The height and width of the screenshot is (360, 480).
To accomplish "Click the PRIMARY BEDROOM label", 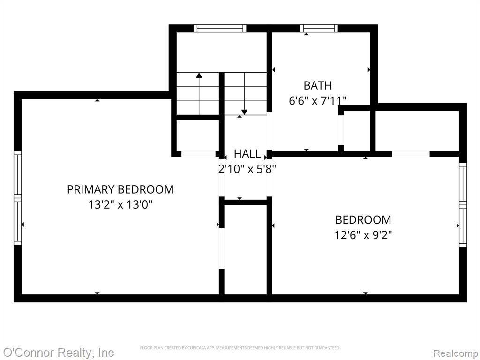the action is [x=120, y=189].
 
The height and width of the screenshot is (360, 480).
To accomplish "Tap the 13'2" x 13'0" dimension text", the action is [x=120, y=204].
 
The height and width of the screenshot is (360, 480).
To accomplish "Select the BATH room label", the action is [x=318, y=85].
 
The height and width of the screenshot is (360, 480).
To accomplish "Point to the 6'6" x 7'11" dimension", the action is [x=318, y=100].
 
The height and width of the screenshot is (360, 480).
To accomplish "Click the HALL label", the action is [x=247, y=154].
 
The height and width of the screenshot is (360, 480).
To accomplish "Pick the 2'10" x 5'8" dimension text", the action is [x=247, y=169].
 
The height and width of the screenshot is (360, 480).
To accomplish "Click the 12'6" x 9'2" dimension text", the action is [x=363, y=235].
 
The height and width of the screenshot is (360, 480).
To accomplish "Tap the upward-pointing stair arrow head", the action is [x=199, y=75].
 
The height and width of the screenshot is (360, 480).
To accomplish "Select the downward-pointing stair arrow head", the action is [x=244, y=112].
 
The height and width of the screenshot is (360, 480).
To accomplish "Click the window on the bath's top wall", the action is [x=319, y=29].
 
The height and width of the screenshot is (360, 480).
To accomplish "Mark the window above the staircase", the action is [x=220, y=29].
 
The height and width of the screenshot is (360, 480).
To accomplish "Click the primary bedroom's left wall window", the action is [x=18, y=198].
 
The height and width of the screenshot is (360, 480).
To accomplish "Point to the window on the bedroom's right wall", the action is [x=463, y=205].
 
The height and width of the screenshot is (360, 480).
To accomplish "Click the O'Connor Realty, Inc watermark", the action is [x=58, y=352].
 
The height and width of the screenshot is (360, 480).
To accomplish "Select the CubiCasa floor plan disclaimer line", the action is [x=240, y=348].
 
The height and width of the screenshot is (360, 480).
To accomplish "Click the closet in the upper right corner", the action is [x=417, y=131].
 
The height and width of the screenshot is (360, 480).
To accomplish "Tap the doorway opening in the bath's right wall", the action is [x=341, y=130].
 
